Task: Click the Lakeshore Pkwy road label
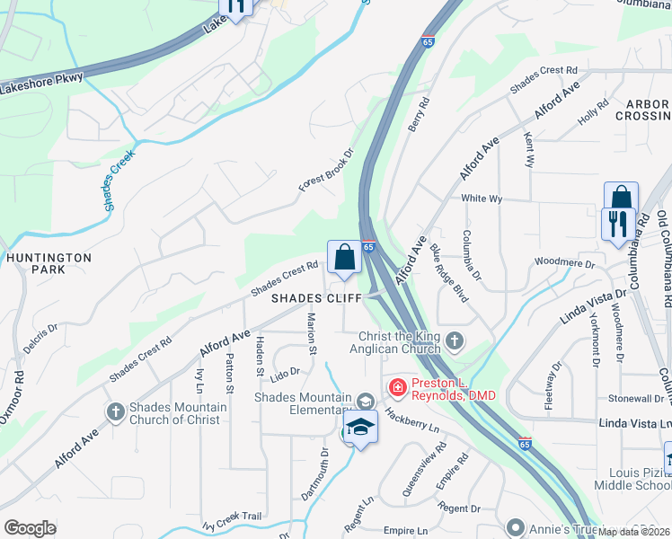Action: click(42, 84)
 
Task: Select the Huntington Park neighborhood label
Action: click(49, 263)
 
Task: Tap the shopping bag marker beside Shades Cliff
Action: click(344, 259)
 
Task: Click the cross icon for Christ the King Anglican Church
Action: click(455, 340)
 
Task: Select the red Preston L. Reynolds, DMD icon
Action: click(396, 387)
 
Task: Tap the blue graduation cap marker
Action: click(359, 428)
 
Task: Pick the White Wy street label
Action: click(481, 198)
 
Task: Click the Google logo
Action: click(30, 528)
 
